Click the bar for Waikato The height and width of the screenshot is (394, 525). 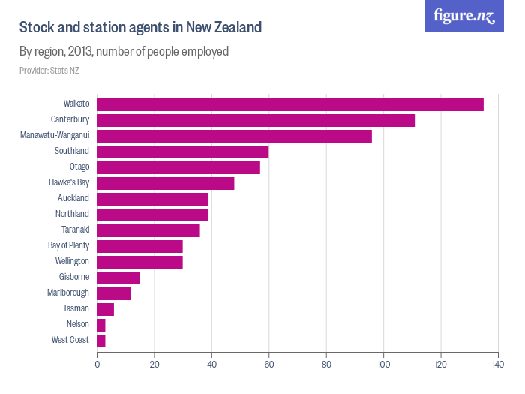pos(290,104)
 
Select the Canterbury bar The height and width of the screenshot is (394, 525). pos(256,120)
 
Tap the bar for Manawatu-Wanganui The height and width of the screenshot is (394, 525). pos(234,136)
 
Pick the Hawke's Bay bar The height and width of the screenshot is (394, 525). pos(166,183)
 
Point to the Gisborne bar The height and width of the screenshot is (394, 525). pos(118,278)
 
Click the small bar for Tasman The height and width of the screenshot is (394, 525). pos(106,309)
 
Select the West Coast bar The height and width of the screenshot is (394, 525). pos(101,341)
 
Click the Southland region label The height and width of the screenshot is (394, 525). pos(72,151)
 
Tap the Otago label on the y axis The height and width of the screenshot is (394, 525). pos(79,167)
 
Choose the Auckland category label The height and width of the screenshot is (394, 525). pos(73,198)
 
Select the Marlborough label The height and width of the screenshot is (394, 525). pos(68,293)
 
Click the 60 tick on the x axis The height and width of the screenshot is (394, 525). pos(269,365)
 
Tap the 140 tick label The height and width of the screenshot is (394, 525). pos(498,365)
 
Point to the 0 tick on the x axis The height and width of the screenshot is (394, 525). pos(97,365)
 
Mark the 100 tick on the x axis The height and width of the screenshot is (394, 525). pos(383,365)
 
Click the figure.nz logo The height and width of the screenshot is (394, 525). pos(464,17)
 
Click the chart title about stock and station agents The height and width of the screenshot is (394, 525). pos(140,28)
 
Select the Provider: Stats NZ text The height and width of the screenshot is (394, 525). pos(49,71)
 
